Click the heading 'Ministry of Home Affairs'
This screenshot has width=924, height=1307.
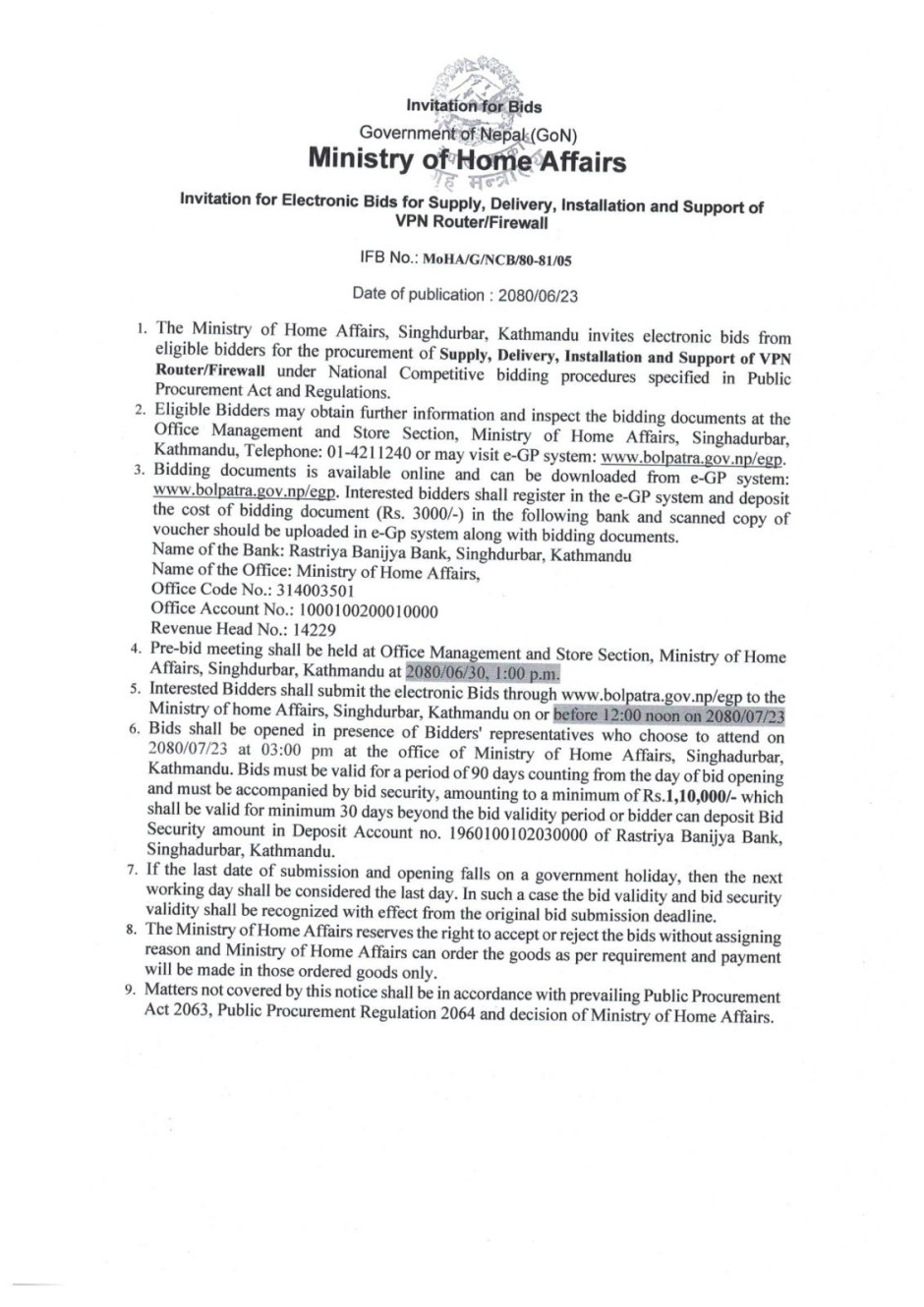pos(467,160)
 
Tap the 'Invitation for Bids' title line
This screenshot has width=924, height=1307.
pos(473,106)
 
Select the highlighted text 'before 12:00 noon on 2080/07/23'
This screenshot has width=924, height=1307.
pos(669,714)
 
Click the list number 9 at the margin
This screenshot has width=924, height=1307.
pos(130,990)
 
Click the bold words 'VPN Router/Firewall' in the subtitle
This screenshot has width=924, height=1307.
pos(473,223)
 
